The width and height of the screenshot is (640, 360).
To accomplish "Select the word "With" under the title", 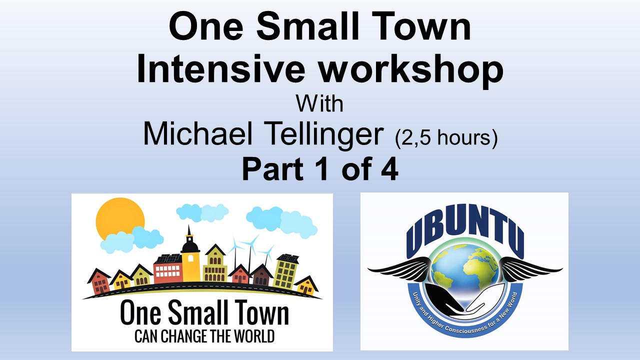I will tap(319, 104).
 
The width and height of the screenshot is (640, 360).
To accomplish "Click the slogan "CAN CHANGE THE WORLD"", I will tap(204, 335).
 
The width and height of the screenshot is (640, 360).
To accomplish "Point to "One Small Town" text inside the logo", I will tap(204, 314).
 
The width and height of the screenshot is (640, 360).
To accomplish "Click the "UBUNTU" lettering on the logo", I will tap(465, 232).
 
